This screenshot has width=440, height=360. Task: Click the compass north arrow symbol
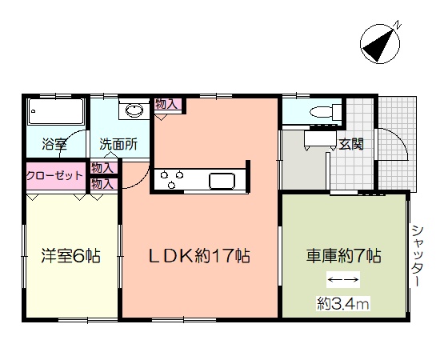point(380,44)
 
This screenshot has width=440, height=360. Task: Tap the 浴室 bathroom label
point(54,144)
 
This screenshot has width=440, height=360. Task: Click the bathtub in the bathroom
point(57,111)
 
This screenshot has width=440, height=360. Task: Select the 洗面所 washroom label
point(118,144)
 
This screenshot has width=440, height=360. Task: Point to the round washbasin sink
point(134,110)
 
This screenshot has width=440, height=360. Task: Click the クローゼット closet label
point(54,176)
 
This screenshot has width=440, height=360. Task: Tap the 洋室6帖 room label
point(70,255)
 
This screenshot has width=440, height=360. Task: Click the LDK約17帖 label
point(199,256)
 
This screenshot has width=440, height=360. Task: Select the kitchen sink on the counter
point(222,181)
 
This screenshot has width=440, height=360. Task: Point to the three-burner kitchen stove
point(172,179)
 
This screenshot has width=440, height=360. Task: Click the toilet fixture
point(326,112)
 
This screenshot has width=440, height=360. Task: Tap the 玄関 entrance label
point(351,144)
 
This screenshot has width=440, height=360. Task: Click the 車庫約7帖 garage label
point(343,256)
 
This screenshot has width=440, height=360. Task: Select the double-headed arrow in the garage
point(343,279)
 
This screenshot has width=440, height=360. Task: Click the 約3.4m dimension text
point(343,303)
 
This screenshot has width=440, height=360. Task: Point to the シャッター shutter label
point(418,256)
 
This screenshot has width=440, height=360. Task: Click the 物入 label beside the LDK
point(166,104)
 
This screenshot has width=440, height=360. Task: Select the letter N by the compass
point(397,25)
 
